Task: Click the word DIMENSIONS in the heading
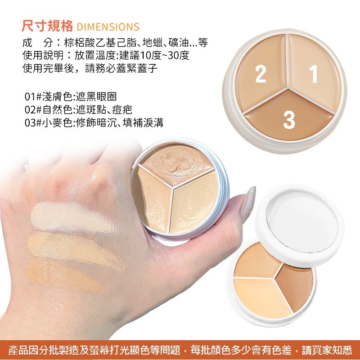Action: coord(108,27)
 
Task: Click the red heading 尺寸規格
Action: coord(47,26)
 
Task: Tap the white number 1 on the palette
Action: coord(314,74)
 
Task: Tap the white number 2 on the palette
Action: coord(261,74)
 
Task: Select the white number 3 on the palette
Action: coord(289,120)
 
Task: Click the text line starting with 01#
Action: coord(71,97)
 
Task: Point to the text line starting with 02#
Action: coord(78,110)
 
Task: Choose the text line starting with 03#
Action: coord(94,123)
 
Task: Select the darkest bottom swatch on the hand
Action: coord(64,275)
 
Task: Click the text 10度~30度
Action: coord(164,55)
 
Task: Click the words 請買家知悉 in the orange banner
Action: coord(327,351)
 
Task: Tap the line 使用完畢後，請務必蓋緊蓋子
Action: coord(90,68)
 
